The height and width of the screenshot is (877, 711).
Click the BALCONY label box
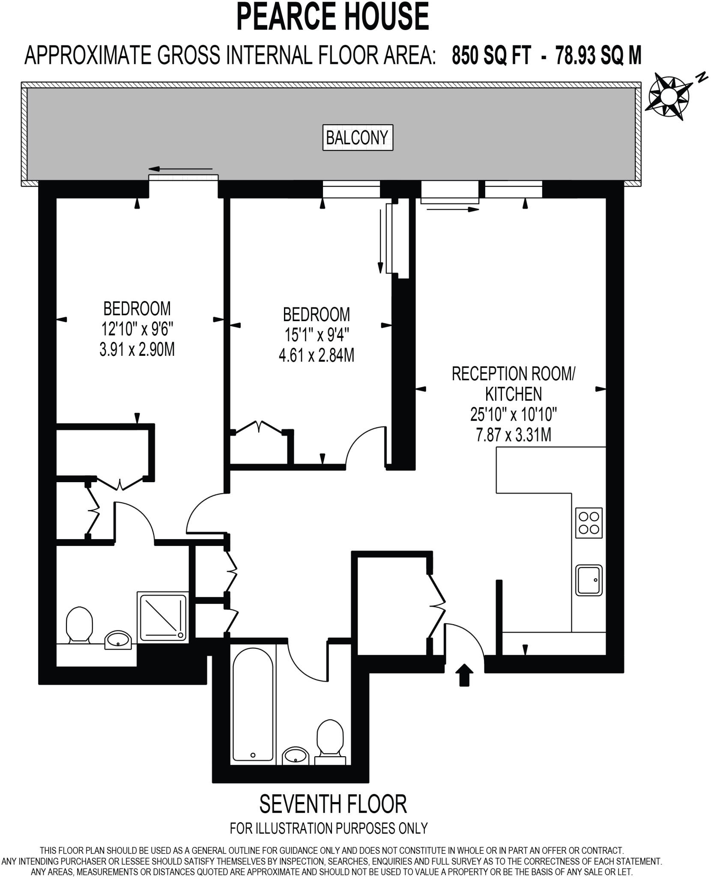pyautogui.click(x=357, y=137)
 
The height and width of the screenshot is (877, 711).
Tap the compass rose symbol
pyautogui.click(x=669, y=97)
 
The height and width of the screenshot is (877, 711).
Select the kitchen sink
pyautogui.click(x=589, y=580)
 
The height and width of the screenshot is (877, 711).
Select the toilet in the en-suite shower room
pyautogui.click(x=80, y=625)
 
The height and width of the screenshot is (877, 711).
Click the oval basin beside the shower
pyautogui.click(x=119, y=640)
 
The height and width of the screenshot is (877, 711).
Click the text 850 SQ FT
pyautogui.click(x=491, y=55)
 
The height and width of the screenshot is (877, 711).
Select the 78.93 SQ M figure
pyautogui.click(x=598, y=55)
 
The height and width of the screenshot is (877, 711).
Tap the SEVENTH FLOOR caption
pyautogui.click(x=333, y=804)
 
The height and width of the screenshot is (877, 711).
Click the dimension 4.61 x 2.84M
pyautogui.click(x=317, y=355)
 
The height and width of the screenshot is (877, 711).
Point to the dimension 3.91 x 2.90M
pyautogui.click(x=137, y=349)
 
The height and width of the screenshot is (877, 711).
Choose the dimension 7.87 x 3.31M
pyautogui.click(x=514, y=435)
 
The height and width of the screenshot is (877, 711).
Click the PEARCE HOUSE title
pyautogui.click(x=332, y=16)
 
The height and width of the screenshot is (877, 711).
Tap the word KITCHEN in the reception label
pyautogui.click(x=514, y=394)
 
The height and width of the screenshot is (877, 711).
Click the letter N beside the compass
pyautogui.click(x=701, y=78)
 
